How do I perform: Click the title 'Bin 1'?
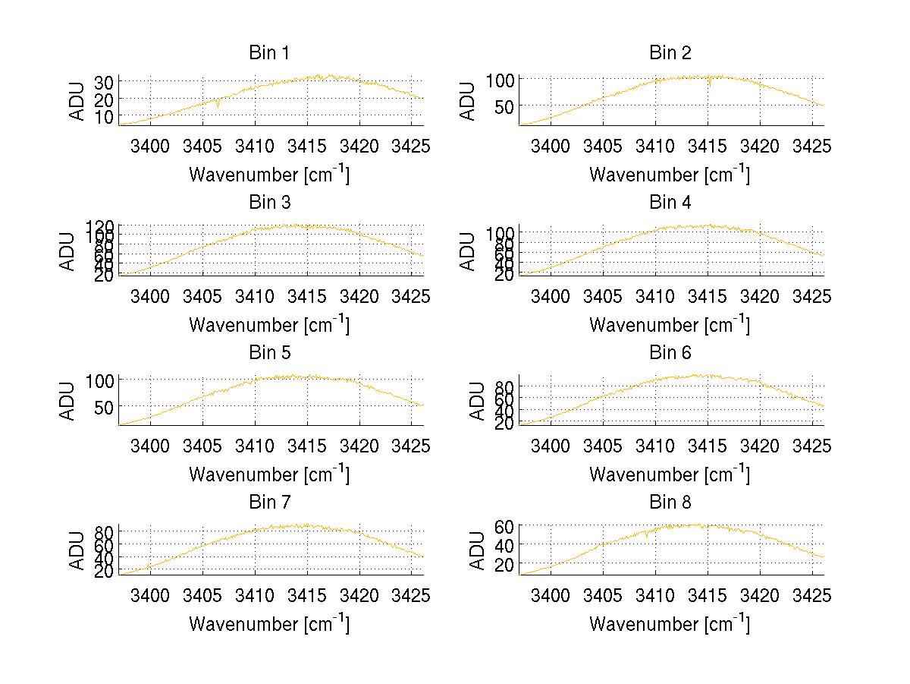tap(268, 53)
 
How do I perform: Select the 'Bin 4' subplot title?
tap(670, 203)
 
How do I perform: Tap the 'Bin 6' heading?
tap(670, 353)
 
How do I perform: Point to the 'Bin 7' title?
tap(268, 503)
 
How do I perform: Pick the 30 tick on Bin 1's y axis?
tap(105, 81)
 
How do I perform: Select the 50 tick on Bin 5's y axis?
tap(105, 406)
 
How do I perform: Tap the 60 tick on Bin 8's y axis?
tap(505, 525)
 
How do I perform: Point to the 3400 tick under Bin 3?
tap(151, 295)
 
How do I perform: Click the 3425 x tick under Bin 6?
tap(812, 446)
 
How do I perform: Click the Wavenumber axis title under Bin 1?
tap(268, 175)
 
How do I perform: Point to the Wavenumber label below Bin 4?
tap(670, 324)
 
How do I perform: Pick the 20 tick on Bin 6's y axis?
tap(505, 424)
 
